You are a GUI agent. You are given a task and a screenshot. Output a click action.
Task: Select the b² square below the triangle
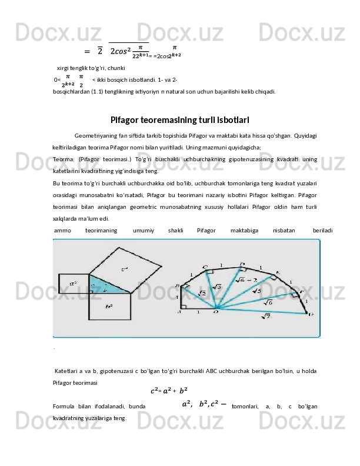tap(108, 306)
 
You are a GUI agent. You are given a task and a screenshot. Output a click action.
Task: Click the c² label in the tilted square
tap(125, 269)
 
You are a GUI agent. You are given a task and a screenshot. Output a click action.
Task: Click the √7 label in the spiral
tap(265, 317)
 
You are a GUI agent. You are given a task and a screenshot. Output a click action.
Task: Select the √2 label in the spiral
tap(201, 293)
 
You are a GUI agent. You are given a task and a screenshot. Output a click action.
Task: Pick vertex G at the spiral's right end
tap(311, 314)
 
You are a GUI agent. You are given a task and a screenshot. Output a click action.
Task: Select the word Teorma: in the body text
tap(62, 159)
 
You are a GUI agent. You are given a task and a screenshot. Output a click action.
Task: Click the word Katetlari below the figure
tap(68, 371)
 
